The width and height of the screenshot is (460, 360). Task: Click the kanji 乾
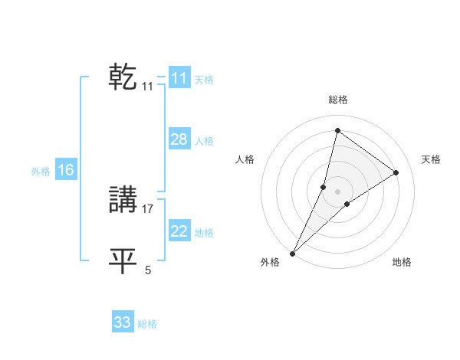pos(123,77)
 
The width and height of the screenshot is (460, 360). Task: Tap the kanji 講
pos(123,200)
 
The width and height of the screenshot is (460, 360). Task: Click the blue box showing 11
pos(179,78)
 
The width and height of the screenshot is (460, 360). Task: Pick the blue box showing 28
pos(179,139)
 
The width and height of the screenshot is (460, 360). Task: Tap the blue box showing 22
pos(179,231)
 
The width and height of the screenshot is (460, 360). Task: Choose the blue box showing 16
pos(66,170)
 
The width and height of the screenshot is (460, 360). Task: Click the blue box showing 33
pos(123,322)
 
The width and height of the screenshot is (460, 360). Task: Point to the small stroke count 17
pos(148,208)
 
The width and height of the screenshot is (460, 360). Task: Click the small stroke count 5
pos(148,270)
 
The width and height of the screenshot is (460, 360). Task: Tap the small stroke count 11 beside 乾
pos(147,87)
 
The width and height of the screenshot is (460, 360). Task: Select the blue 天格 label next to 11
pos(204,79)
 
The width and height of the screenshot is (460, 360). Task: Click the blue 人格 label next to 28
pos(204,141)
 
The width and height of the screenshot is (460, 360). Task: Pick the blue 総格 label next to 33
pos(147,324)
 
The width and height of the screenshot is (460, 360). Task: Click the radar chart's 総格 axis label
pos(337,100)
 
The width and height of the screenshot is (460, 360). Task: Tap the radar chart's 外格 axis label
pos(270,262)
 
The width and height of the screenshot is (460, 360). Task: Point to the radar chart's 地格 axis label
pos(402,262)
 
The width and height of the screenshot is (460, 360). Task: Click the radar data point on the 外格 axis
pos(293,253)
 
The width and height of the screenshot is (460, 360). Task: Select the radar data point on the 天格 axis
pos(396,172)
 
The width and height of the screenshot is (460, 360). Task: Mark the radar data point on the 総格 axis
pos(337,130)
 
